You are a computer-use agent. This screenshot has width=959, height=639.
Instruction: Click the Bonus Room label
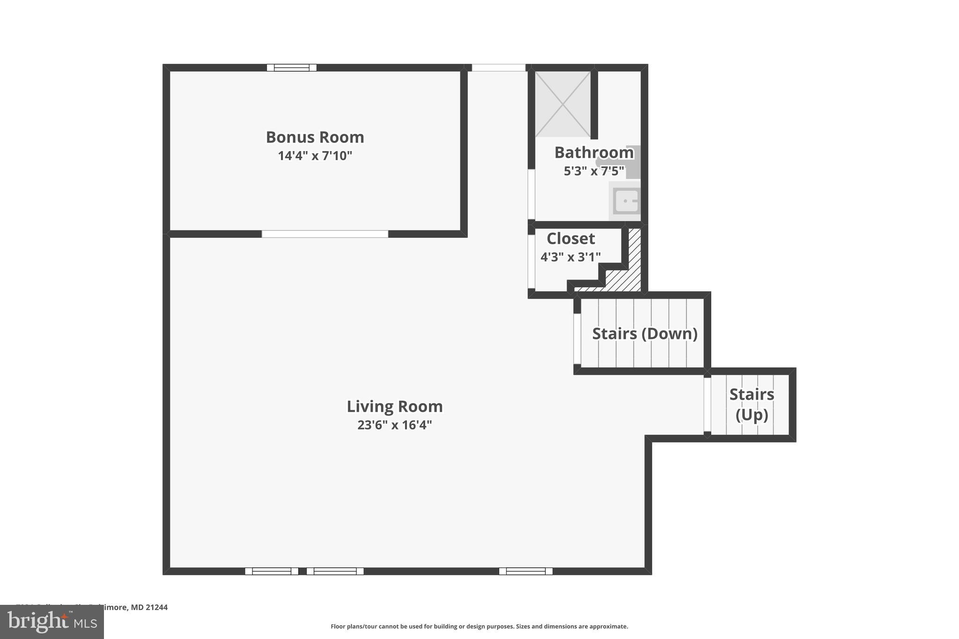point(315,137)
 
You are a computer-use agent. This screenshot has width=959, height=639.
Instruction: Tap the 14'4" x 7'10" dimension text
point(315,155)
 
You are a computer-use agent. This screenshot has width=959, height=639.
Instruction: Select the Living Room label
point(394,406)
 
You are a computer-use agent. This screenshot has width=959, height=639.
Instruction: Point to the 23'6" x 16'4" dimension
point(394,425)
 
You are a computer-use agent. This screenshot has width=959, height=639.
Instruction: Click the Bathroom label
point(594,153)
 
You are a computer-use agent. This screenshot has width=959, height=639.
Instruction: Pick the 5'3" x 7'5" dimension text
point(594,171)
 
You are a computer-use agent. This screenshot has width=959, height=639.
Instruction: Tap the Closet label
point(570,239)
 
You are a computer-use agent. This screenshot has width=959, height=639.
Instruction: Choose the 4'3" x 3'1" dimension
point(570,257)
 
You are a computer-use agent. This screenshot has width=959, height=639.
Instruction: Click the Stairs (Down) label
point(644,334)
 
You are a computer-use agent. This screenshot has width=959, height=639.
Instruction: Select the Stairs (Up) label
point(751,404)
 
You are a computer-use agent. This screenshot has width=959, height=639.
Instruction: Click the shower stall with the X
point(563,104)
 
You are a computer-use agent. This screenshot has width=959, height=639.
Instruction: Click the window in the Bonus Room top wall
point(291,68)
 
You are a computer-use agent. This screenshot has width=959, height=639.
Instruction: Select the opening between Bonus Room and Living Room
point(325,234)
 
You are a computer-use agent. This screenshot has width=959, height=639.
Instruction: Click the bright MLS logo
point(52,622)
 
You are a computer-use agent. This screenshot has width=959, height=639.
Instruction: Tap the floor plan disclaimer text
point(479,626)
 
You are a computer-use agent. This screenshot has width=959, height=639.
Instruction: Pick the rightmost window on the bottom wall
point(525,571)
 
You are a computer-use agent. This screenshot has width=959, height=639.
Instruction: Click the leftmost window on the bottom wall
point(272,571)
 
